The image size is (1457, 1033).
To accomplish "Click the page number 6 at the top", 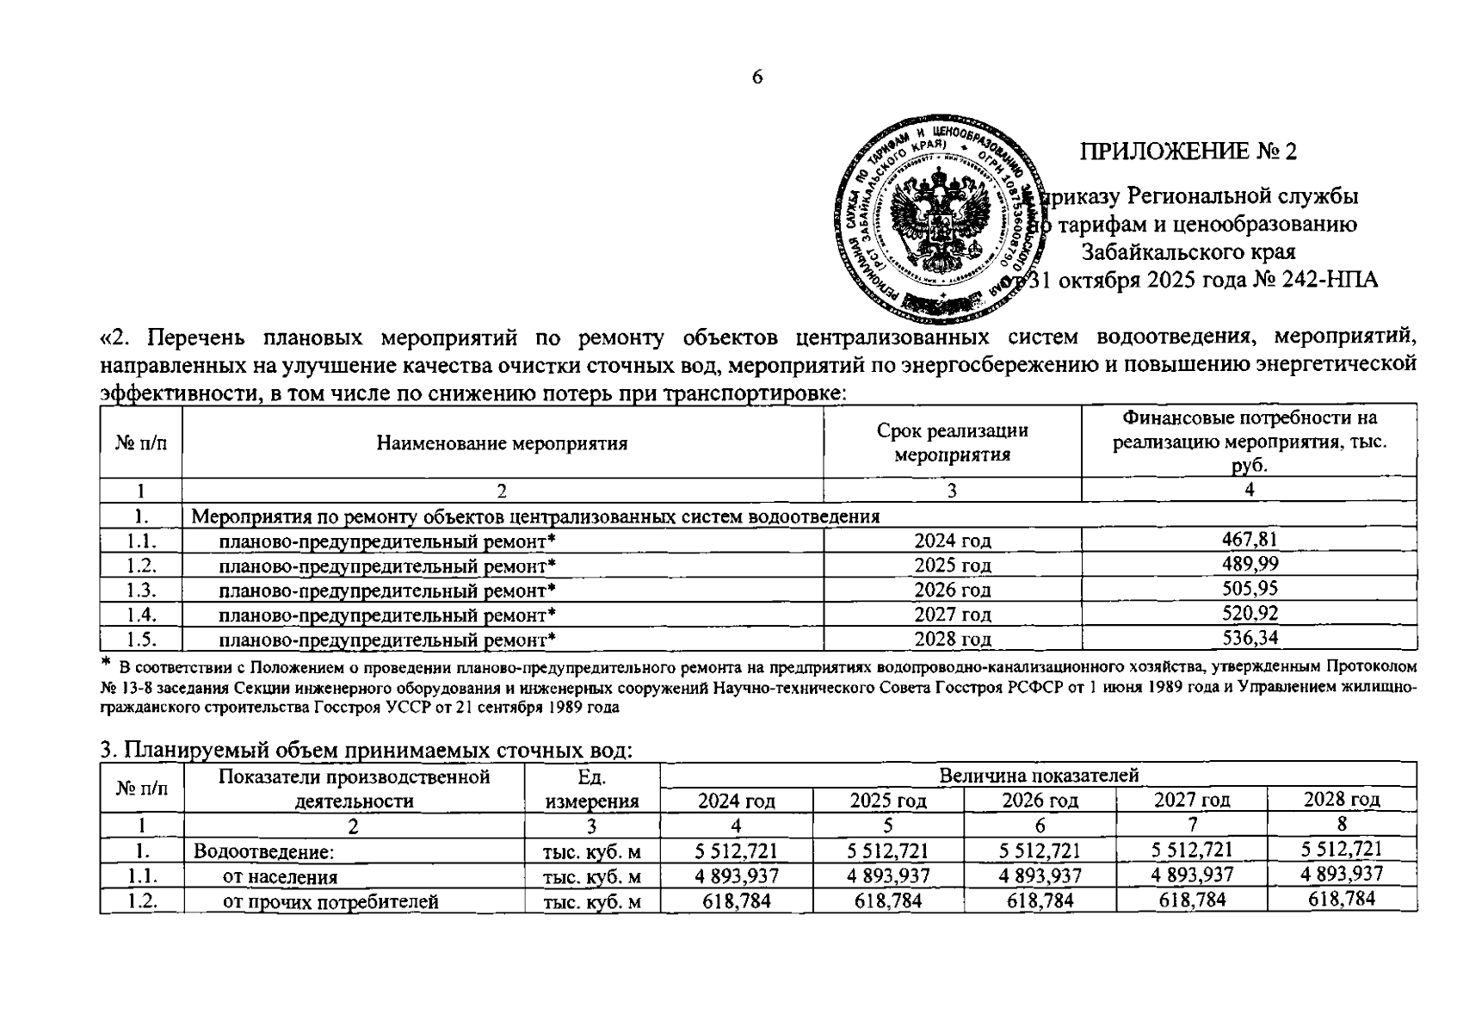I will (x=757, y=77).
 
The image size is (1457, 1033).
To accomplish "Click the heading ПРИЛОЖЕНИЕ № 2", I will (x=1188, y=152).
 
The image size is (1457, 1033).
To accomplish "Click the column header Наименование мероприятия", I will (x=502, y=443).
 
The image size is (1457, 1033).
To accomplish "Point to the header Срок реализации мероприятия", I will (x=952, y=442).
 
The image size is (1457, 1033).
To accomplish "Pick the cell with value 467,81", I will (x=1249, y=540).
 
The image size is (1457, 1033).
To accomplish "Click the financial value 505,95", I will (x=1249, y=589).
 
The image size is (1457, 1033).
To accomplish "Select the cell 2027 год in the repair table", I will (x=952, y=615).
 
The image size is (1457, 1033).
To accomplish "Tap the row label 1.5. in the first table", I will (x=141, y=639).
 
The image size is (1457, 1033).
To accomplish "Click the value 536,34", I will (x=1249, y=638).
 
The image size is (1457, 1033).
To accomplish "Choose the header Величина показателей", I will (x=1038, y=775).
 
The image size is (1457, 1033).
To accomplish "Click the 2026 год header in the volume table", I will (x=1040, y=800).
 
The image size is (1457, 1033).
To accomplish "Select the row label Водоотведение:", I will (x=263, y=851).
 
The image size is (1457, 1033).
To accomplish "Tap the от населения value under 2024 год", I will (x=737, y=875).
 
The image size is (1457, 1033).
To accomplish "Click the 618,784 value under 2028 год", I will (x=1341, y=900).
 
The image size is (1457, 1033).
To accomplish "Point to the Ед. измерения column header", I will (x=591, y=789).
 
